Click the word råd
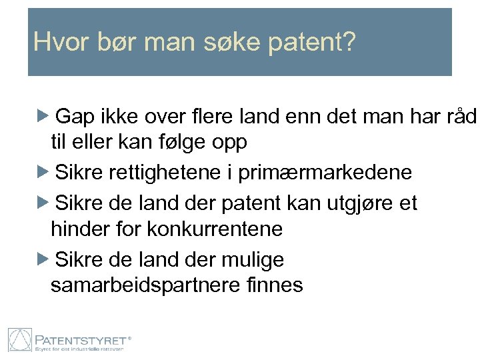tap(461, 117)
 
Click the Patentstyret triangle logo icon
tap(20, 340)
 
